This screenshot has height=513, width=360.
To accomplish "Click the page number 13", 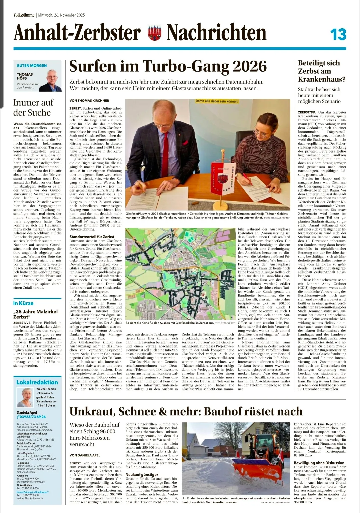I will [338, 35].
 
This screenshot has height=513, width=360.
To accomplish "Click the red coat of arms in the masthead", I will [154, 34].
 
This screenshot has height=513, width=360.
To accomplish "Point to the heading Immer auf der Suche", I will [33, 107].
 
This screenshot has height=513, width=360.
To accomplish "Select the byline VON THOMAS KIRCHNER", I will [89, 100].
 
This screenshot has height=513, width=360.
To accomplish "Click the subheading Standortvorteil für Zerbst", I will [92, 237].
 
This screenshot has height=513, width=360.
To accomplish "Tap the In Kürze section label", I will [23, 303].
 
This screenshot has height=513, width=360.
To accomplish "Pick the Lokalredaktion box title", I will [37, 382].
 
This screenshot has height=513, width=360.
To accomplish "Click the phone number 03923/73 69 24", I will [32, 417].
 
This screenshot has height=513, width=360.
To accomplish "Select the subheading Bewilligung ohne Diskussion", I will [319, 463].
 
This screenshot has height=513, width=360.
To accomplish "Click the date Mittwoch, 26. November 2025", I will [62, 15].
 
